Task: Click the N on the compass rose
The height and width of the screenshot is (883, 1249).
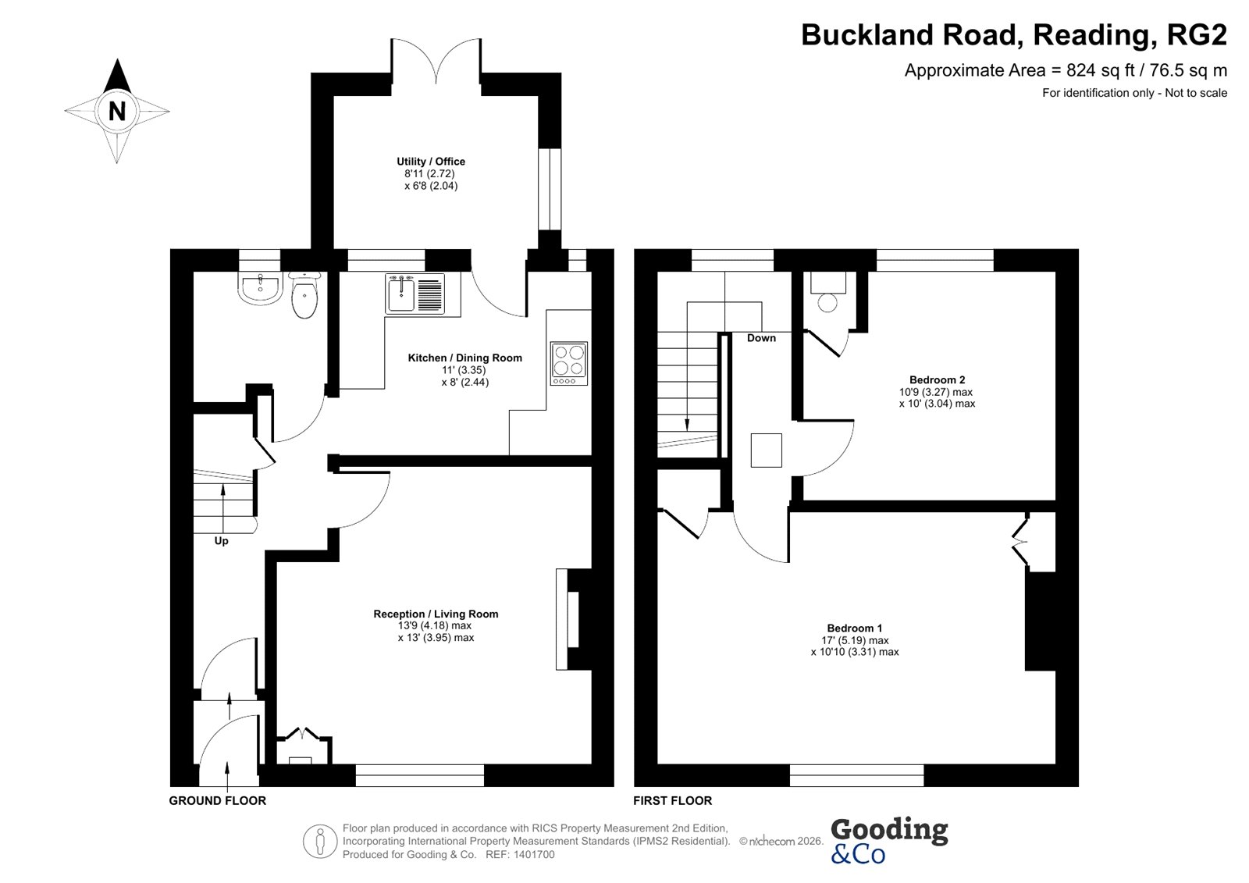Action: (x=117, y=111)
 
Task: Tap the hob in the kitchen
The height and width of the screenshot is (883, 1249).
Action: (x=569, y=364)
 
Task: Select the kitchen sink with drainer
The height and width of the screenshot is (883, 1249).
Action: (x=415, y=294)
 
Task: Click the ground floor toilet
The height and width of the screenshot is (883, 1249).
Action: (x=304, y=295)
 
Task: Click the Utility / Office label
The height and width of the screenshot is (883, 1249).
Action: (x=431, y=162)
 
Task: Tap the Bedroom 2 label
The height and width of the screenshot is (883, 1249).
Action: (x=937, y=380)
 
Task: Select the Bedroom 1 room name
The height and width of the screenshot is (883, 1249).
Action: (x=854, y=628)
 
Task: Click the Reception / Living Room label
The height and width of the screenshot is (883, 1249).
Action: (x=436, y=614)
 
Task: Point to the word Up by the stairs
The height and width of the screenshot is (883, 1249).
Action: (x=222, y=541)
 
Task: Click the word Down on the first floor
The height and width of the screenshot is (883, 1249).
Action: (x=761, y=338)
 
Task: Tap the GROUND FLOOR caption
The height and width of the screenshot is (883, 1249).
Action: (x=218, y=800)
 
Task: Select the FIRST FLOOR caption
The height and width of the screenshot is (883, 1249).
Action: (x=672, y=800)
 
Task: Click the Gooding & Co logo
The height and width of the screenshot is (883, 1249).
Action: (x=889, y=841)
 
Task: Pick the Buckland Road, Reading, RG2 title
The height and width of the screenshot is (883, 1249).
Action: (x=1014, y=34)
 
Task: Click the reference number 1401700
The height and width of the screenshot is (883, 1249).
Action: (x=534, y=855)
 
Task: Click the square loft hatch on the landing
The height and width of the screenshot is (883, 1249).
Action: (x=766, y=450)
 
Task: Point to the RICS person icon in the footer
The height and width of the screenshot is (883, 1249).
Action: (x=320, y=841)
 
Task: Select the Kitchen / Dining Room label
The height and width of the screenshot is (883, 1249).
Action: (x=465, y=358)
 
